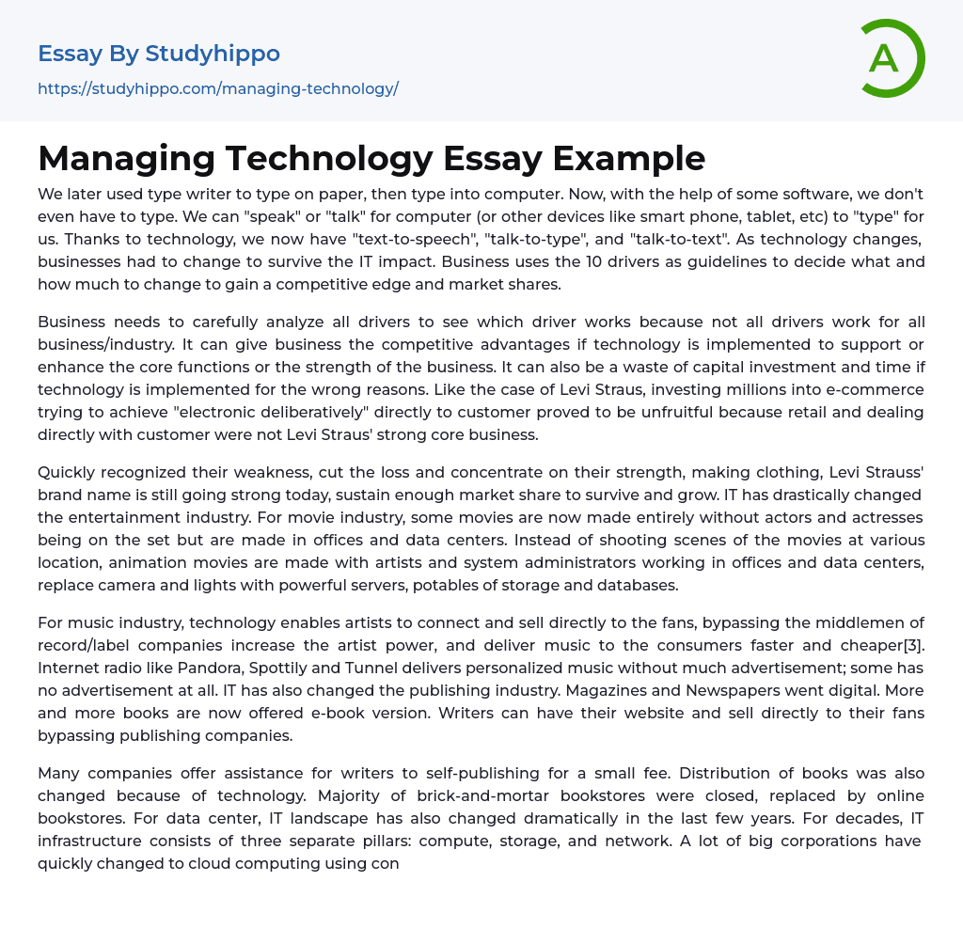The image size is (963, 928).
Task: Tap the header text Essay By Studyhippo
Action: click(159, 54)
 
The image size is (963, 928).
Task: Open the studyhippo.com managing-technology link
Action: click(218, 88)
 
